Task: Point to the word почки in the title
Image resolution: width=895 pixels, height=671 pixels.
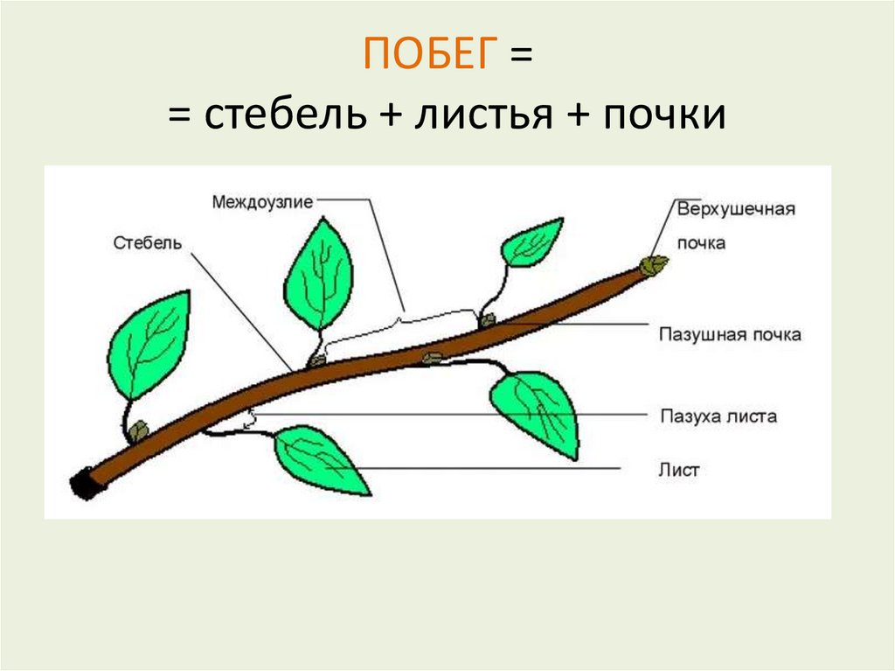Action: click(x=663, y=115)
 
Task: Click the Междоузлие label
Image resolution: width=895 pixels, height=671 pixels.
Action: click(x=261, y=202)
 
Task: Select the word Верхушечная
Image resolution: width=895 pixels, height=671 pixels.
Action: click(x=735, y=209)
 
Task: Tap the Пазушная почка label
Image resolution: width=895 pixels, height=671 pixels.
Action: click(x=730, y=335)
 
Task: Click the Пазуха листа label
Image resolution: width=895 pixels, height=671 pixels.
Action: click(x=718, y=416)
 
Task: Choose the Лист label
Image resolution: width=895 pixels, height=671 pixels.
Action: click(x=679, y=470)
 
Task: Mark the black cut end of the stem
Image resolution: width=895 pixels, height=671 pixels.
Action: click(x=84, y=484)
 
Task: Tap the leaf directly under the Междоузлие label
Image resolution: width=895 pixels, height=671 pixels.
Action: click(x=318, y=273)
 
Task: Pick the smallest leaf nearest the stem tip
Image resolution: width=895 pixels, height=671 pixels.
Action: click(x=531, y=242)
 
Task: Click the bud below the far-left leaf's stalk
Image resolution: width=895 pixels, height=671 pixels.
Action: click(x=138, y=430)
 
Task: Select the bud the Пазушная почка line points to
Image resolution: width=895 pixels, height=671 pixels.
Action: click(x=488, y=321)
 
